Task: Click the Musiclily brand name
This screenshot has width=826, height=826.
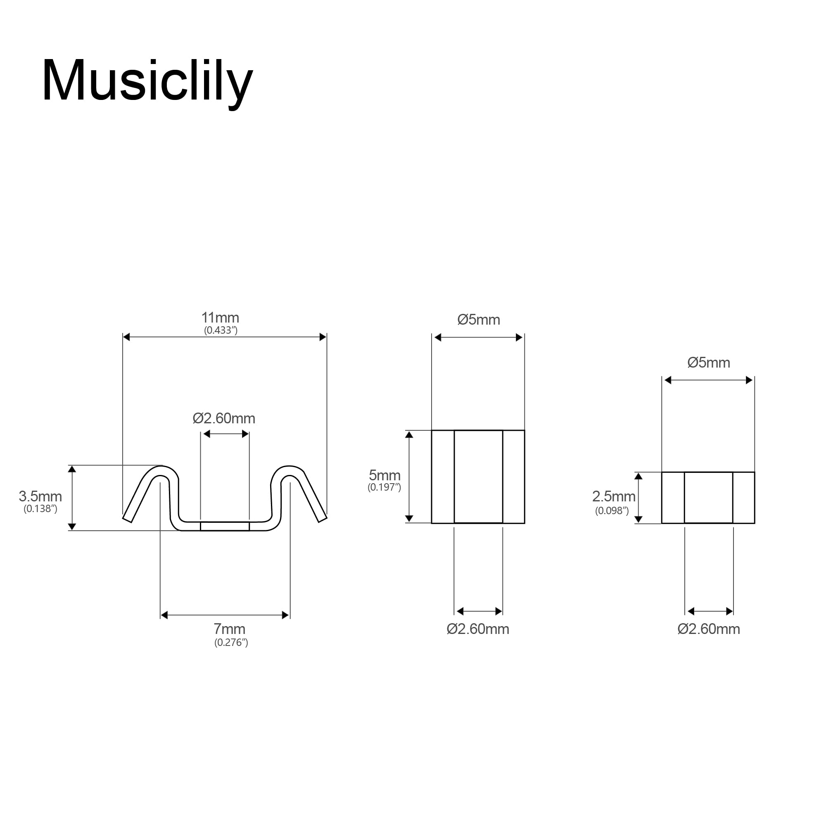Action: (147, 81)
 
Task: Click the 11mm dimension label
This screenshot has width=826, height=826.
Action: (220, 318)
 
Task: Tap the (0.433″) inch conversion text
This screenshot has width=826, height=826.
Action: (221, 330)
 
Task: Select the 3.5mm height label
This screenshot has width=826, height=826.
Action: (40, 496)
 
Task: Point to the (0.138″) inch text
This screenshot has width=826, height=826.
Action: (40, 509)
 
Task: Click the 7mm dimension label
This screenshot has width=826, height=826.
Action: (230, 629)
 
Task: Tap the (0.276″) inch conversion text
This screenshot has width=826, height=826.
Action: (231, 642)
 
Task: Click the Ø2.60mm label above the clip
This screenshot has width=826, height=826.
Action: (223, 418)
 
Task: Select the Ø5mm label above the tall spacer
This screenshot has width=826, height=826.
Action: (478, 320)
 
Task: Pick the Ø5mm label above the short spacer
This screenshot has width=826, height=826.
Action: (708, 363)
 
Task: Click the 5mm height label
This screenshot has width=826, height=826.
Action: (385, 475)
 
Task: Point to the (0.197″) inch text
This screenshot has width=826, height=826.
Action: (385, 487)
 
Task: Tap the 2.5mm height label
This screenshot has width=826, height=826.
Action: (614, 496)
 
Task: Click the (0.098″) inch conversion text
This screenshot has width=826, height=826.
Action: (612, 510)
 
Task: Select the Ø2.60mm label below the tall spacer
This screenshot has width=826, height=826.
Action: (477, 629)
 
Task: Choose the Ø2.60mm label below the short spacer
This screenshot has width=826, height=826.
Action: (708, 629)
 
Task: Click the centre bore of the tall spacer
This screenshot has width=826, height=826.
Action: (478, 477)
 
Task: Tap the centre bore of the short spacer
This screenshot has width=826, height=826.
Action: (708, 498)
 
